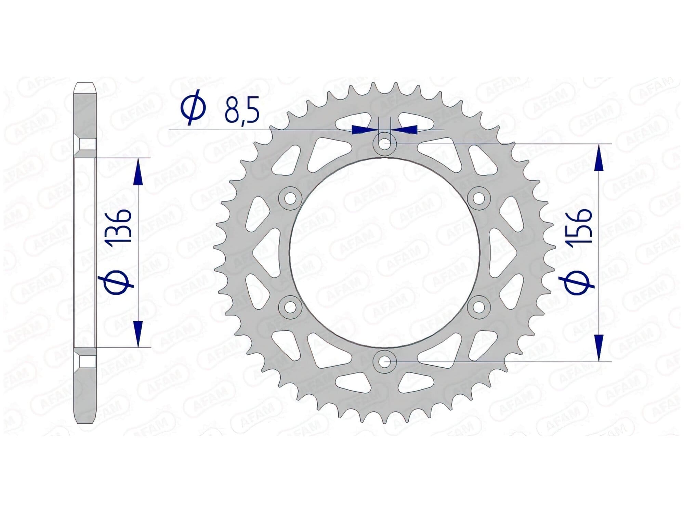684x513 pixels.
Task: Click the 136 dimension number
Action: [x=118, y=226]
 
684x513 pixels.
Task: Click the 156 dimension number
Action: [x=579, y=226]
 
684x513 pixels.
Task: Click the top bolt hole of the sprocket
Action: [x=385, y=143]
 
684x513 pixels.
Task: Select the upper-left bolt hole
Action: [x=290, y=198]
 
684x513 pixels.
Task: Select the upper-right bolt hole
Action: [x=479, y=198]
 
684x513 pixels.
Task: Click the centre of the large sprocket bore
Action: [x=385, y=252]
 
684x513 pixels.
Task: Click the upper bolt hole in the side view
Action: [x=85, y=144]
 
